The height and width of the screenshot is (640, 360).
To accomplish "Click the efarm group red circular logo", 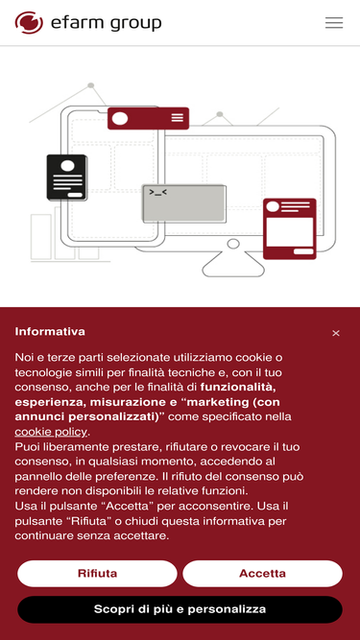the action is coord(29,22).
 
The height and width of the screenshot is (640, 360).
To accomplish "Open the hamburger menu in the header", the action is coord(334,22).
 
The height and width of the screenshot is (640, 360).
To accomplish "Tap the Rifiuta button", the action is coord(97,574).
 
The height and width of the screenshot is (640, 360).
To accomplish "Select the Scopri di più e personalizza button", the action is coord(180,609).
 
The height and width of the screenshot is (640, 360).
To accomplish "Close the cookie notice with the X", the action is coord(336,334).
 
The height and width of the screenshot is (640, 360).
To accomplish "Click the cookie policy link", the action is coord(51,432).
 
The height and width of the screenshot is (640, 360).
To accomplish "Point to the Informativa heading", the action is coord(50,331).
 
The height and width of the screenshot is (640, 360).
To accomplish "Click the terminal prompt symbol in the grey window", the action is coord(158,192).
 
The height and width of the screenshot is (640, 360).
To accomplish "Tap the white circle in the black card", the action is coord(67,165).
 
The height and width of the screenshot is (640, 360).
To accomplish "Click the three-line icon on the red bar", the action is coord(178,118).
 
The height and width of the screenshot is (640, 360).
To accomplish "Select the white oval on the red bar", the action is coord(120,118).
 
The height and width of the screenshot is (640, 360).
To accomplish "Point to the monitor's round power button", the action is coord(233,244).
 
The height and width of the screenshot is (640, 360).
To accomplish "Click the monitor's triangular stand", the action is coord(233,265).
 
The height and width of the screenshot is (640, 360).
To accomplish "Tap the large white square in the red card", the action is coord(289,232).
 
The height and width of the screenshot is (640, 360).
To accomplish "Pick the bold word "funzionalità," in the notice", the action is coord(241,387).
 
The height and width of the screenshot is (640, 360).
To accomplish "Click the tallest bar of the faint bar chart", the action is coord(64,232).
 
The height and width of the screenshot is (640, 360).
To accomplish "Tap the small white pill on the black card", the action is coord(75,195).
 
